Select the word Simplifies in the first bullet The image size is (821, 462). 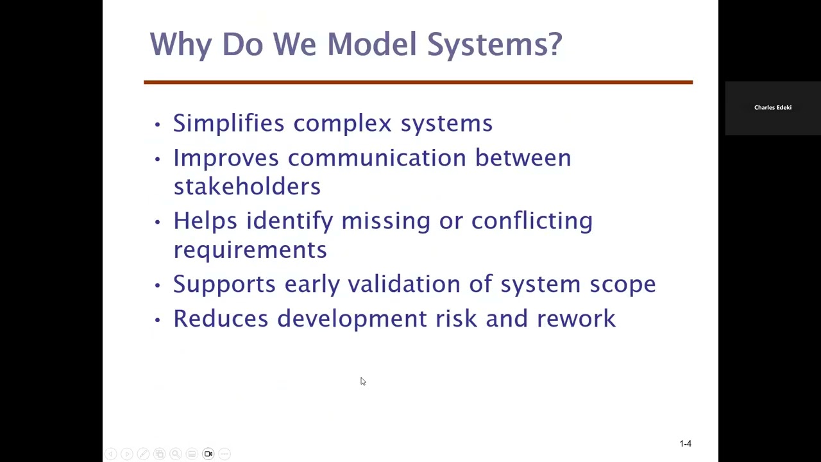coord(228,123)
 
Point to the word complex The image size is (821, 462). coord(342,123)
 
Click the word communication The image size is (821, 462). coord(377,158)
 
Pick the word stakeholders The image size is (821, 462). coord(247,187)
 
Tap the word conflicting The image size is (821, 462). coord(532,221)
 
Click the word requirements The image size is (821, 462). coord(250,250)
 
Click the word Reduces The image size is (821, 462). coord(221,319)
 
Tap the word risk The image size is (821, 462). coord(456,319)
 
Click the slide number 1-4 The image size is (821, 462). coord(685,443)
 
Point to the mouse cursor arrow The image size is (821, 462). coord(362,381)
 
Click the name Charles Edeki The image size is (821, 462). coord(772,108)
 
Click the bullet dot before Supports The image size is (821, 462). coord(157,285)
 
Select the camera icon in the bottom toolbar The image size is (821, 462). coord(208,454)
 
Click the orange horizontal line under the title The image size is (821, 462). coord(418,82)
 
